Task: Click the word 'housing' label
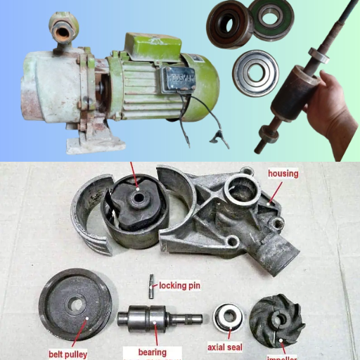283,173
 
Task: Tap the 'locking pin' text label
181,285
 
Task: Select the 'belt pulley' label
67,354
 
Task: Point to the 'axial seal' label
224,347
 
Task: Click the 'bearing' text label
153,352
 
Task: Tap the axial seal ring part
228,319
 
